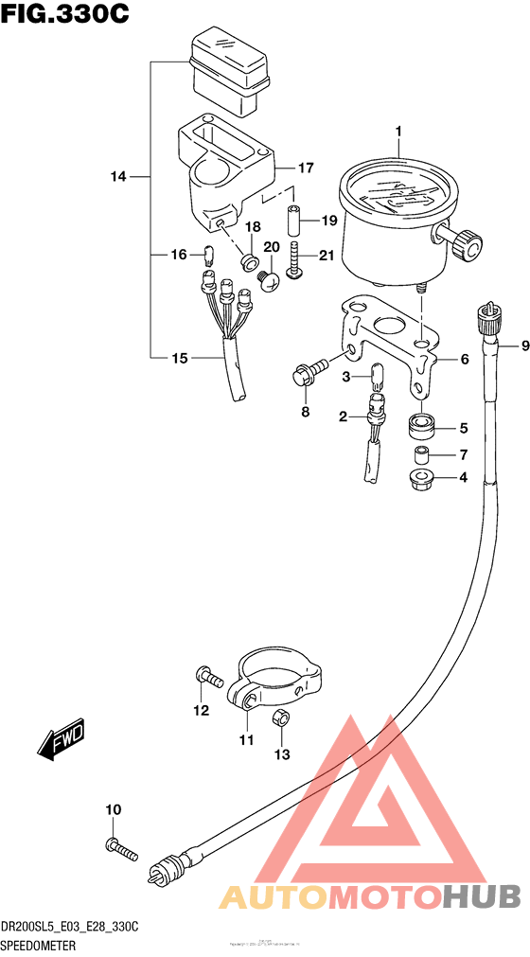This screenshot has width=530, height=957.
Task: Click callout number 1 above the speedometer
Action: (399, 132)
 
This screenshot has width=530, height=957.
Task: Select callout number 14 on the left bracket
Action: (117, 176)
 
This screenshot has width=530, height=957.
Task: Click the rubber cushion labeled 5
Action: (421, 426)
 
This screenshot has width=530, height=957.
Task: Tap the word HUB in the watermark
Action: (482, 895)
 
